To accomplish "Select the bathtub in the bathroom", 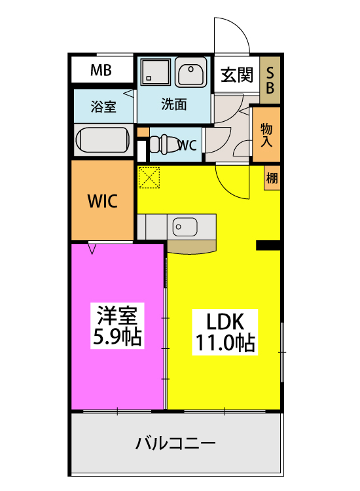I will pyautogui.click(x=102, y=139).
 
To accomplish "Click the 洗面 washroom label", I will pyautogui.click(x=174, y=103).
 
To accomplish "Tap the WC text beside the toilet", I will pyautogui.click(x=187, y=146).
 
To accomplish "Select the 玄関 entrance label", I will pyautogui.click(x=236, y=75).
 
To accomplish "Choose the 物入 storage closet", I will pyautogui.click(x=266, y=134).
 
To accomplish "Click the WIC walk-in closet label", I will pyautogui.click(x=103, y=202).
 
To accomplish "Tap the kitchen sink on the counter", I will pyautogui.click(x=184, y=227).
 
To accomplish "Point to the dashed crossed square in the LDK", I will pyautogui.click(x=149, y=177).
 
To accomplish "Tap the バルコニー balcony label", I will pyautogui.click(x=175, y=445).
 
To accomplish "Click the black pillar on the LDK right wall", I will pyautogui.click(x=268, y=245).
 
